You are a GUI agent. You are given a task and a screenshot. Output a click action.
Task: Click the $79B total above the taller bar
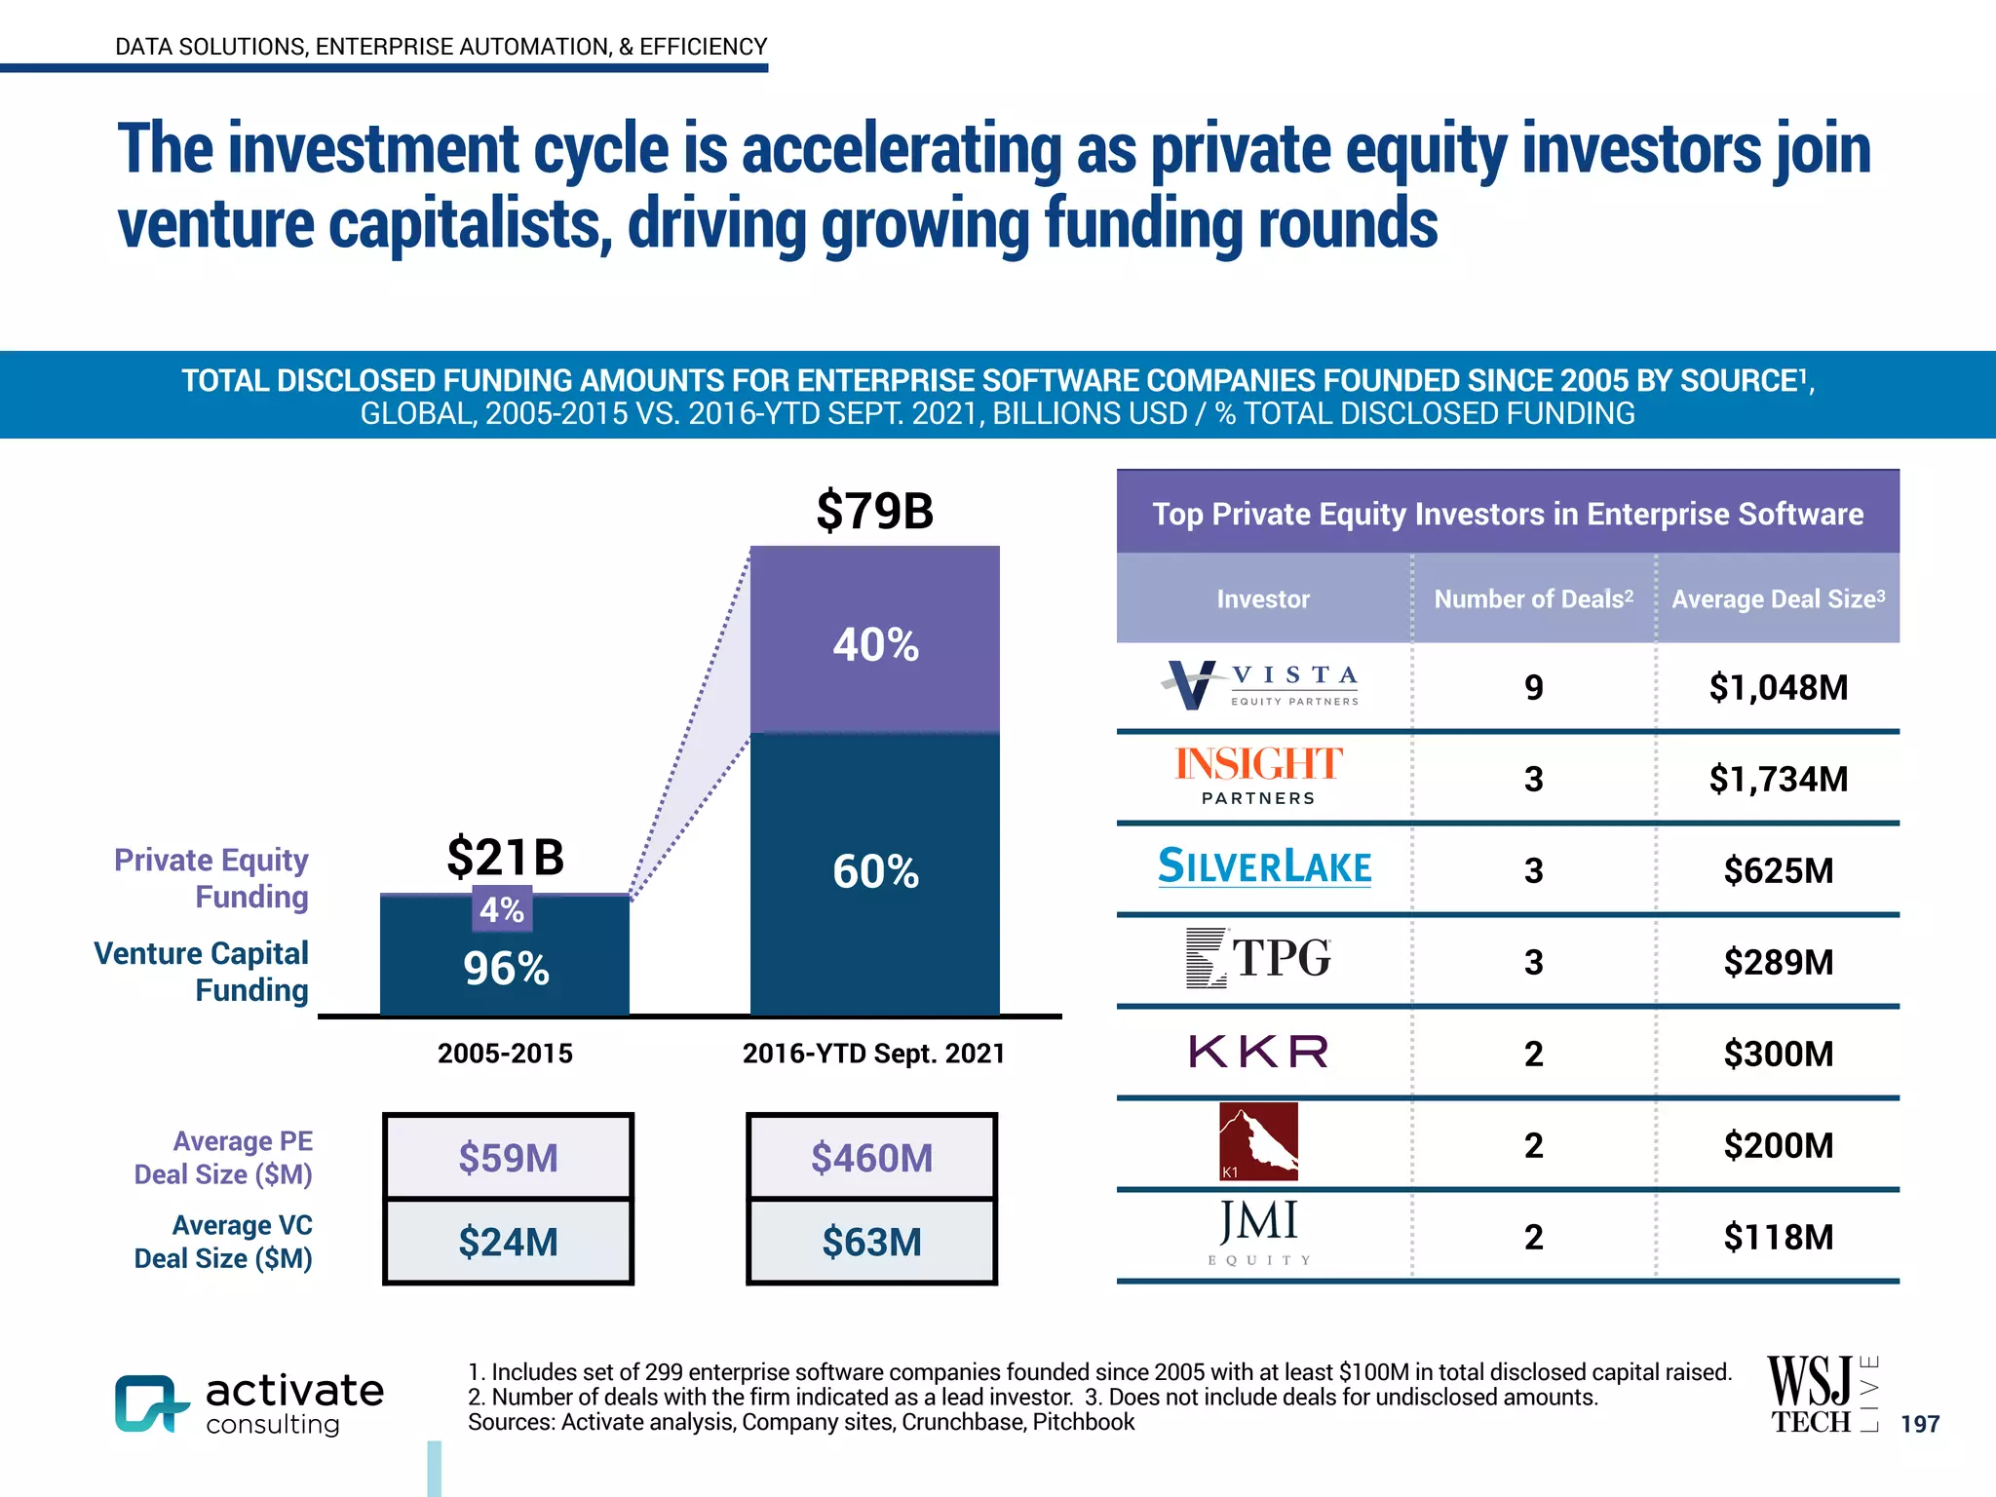pos(874,511)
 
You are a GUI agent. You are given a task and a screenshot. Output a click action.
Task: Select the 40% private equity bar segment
pos(874,643)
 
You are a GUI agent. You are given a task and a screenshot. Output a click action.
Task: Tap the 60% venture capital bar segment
pos(874,871)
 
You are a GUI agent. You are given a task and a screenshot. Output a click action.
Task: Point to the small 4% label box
pos(502,909)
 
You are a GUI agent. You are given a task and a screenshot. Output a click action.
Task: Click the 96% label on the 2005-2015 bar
pos(506,969)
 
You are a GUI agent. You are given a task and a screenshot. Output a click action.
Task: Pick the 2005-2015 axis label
pos(505,1054)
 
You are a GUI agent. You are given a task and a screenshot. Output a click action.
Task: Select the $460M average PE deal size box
pos(871,1158)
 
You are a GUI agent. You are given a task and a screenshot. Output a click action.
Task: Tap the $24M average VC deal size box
pos(508,1242)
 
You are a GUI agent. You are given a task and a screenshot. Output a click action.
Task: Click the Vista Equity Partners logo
pos(1260,685)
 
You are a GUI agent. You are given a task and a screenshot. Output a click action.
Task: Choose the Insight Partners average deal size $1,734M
pos(1778,779)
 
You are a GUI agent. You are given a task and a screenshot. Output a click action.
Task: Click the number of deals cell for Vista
pos(1533,687)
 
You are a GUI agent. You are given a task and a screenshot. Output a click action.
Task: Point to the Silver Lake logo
pos(1264,866)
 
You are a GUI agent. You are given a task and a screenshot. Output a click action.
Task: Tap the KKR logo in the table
pos(1258,1052)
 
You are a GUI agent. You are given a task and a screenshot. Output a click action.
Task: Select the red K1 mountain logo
pos(1258,1141)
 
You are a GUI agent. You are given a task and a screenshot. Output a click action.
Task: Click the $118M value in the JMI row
pos(1778,1237)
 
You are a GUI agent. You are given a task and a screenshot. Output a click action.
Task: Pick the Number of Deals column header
pos(1533,598)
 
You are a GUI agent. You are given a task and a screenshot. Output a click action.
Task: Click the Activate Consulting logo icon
pos(149,1403)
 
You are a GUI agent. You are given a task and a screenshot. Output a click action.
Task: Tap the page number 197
pos(1919,1424)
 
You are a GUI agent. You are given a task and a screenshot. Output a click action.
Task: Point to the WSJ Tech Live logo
pos(1821,1395)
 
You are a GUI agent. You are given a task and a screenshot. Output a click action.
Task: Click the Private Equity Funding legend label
pos(211,878)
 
